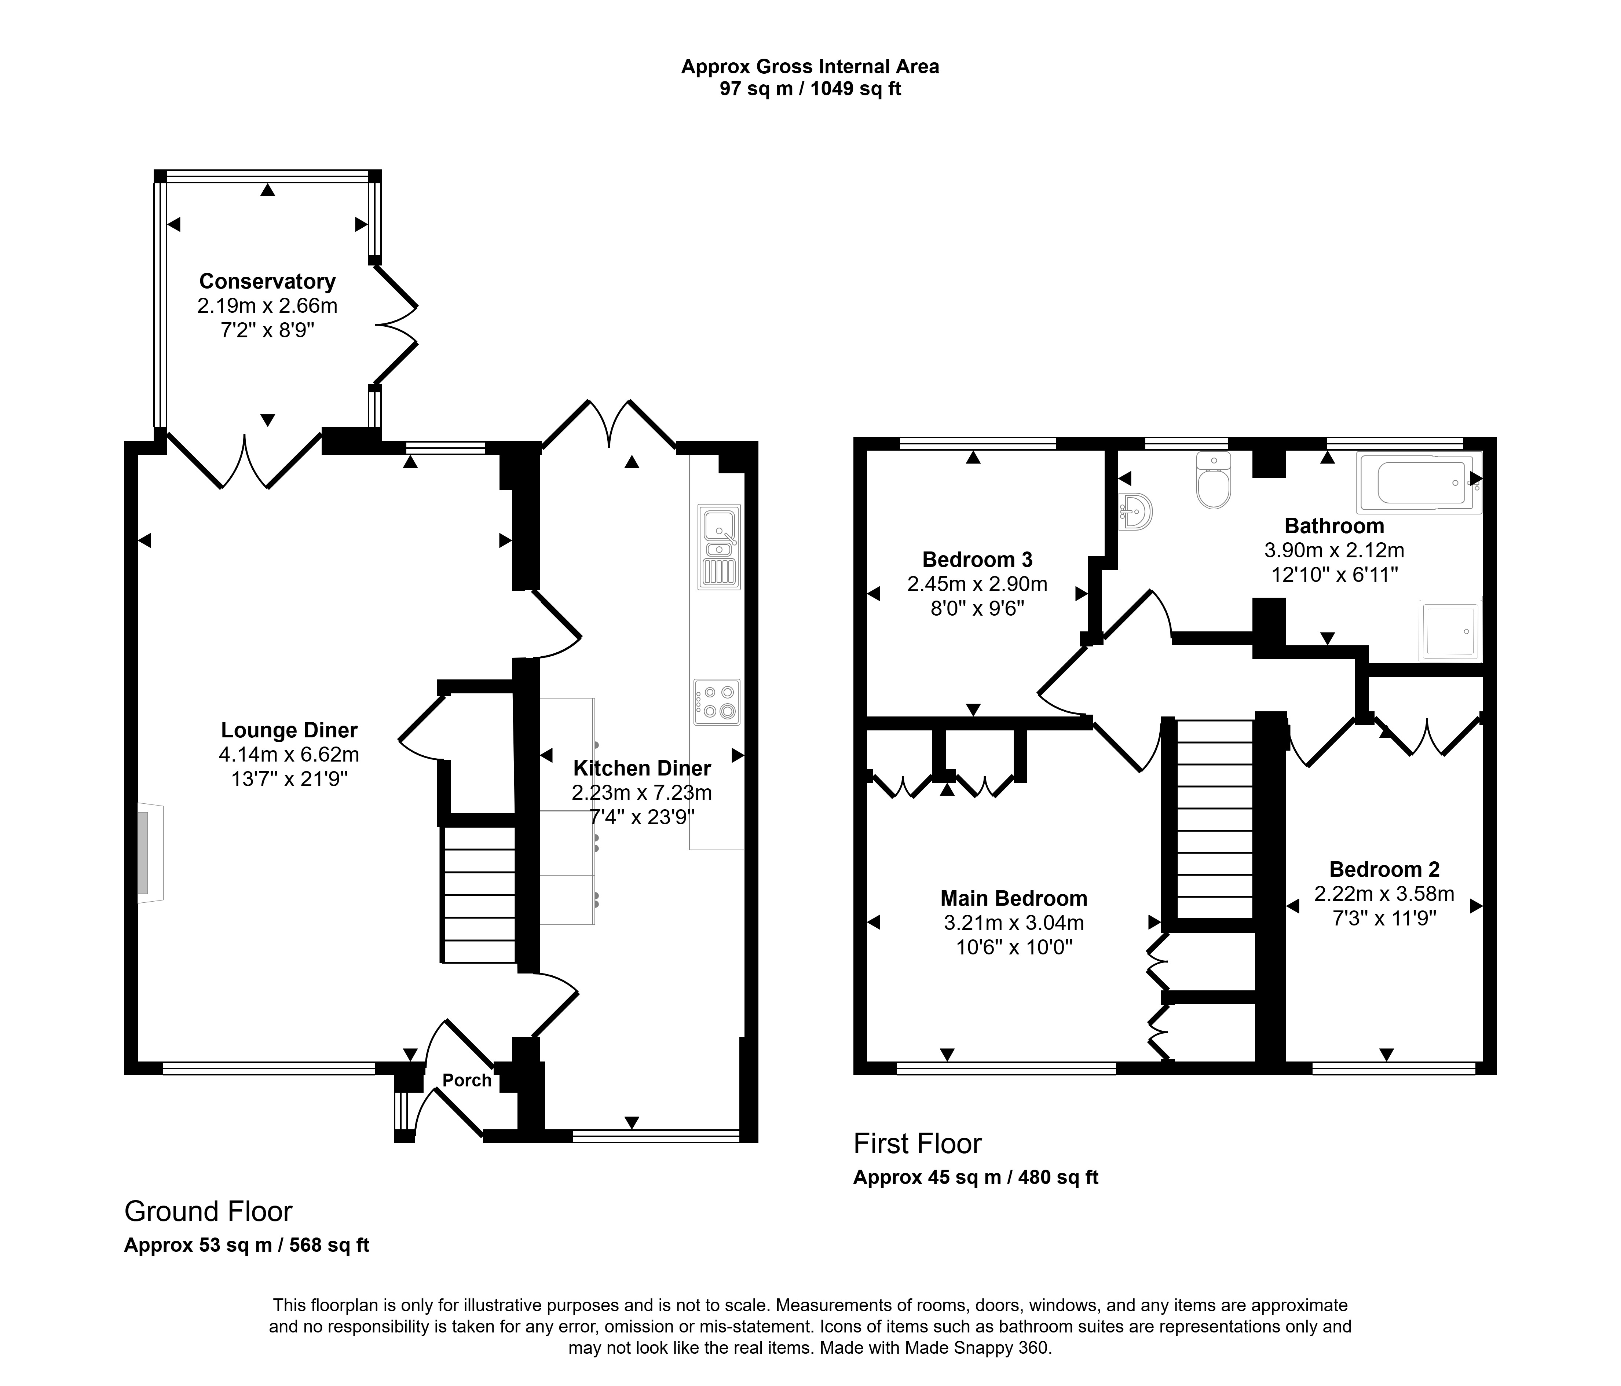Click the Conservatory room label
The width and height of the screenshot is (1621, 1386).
pos(268,282)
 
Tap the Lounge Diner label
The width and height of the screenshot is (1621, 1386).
pos(289,730)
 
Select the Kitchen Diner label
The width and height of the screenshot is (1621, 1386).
pos(642,768)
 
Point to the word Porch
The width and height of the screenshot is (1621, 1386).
pos(467,1080)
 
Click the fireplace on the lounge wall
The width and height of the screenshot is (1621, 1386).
pos(151,852)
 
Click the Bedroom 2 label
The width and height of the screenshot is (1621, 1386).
pos(1384,869)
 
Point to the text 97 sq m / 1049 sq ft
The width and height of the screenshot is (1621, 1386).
pos(810,89)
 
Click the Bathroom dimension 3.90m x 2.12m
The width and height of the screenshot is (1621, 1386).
pos(1335,551)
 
